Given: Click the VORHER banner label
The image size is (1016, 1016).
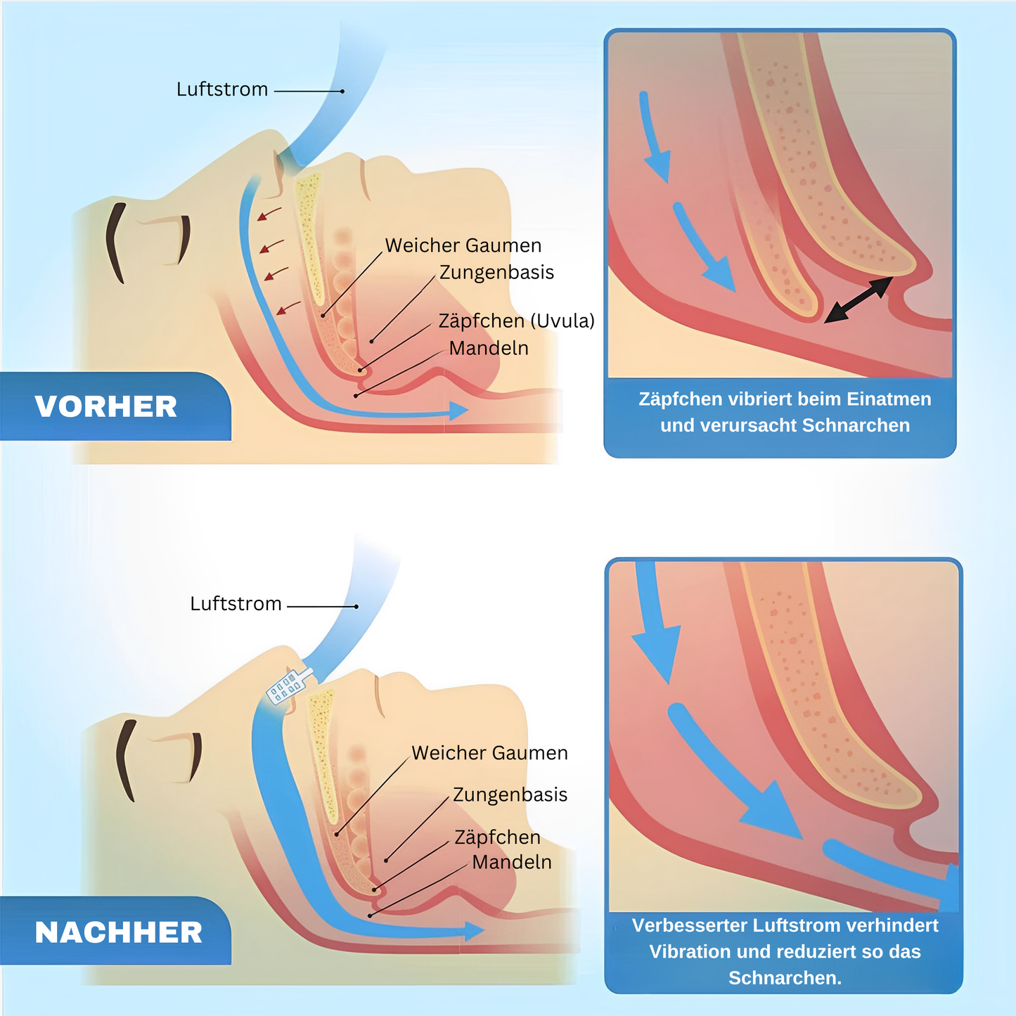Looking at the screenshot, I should pos(106,406).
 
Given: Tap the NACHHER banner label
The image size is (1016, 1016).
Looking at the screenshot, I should pos(118,932).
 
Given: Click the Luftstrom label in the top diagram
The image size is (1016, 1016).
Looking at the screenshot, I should pos(222,89).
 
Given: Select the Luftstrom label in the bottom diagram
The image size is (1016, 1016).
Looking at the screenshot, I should pos(236,603).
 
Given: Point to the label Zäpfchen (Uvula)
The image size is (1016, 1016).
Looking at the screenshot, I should pos(516,321).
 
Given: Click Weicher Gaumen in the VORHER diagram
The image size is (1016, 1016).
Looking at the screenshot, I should pos(463,245).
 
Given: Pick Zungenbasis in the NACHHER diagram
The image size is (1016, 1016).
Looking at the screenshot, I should pos(510,795).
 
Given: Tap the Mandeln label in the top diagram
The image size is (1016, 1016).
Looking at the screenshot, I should pos(489,348).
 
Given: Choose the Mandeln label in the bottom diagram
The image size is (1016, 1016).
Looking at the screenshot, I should pos(511,862).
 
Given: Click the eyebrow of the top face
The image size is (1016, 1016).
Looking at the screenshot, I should pos(115,242).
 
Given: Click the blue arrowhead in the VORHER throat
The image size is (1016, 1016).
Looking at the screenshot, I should pos(458,411).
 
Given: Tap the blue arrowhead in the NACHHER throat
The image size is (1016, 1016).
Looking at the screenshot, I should pos(474,932).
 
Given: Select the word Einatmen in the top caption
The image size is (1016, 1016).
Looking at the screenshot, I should pos(889,399).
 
